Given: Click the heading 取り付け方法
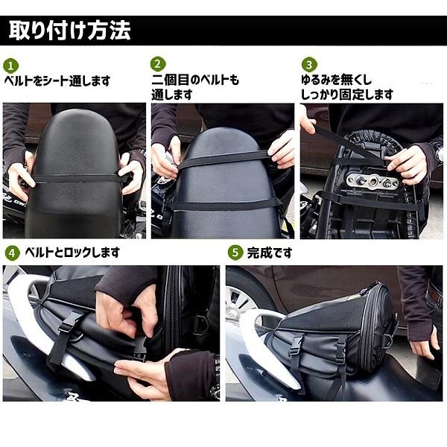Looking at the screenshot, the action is (x=69, y=31).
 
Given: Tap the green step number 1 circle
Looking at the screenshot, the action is (x=11, y=66).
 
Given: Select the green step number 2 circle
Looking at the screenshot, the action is (x=158, y=64).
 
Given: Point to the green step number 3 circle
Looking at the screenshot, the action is (x=309, y=65).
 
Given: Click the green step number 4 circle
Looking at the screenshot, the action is (x=13, y=253).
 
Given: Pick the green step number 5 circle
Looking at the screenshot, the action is (x=235, y=253).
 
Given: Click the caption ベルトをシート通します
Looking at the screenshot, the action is (x=57, y=81).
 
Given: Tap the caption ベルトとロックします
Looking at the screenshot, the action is (x=72, y=253).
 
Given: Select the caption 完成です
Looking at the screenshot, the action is (x=270, y=253).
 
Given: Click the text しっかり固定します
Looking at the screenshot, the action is (x=347, y=95).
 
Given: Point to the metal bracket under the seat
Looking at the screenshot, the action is (x=372, y=181).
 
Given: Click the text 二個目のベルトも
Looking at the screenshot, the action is (x=195, y=80).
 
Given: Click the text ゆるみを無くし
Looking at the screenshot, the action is (x=337, y=80).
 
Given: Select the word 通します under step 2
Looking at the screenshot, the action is (x=172, y=95).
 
